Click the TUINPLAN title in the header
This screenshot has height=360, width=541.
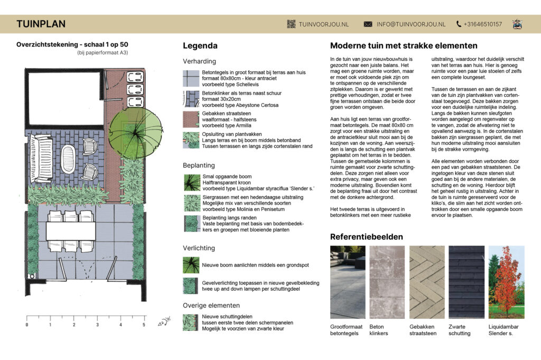[x=41, y=24]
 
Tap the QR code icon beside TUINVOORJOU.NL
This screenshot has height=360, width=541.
[x=291, y=24]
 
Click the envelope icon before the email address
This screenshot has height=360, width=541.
[x=368, y=24]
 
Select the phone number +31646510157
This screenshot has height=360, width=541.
[x=483, y=24]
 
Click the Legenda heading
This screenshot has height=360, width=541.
[x=200, y=45]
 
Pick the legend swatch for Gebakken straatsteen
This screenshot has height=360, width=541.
[x=191, y=119]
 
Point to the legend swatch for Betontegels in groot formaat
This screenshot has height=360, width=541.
[x=191, y=78]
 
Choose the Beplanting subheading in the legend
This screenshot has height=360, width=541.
[x=199, y=165]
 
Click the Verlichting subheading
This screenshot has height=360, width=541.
[x=199, y=248]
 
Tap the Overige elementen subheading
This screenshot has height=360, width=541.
[x=211, y=305]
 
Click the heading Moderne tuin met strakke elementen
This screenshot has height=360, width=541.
[x=404, y=45]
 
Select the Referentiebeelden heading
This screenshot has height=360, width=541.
[x=367, y=237]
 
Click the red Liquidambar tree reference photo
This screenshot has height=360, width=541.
[x=507, y=282]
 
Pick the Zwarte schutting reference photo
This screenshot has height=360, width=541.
[x=467, y=282]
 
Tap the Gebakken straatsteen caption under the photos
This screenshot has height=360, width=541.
[x=423, y=330]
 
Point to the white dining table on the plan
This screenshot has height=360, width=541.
[x=71, y=231]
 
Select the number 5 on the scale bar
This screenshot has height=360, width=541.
[x=144, y=325]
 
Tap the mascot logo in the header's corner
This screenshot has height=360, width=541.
[x=517, y=24]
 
